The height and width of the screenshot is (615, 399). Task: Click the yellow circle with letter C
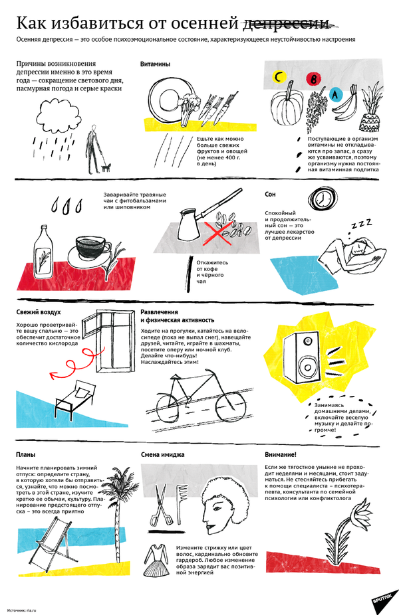[279, 77]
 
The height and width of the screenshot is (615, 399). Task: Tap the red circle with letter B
[313, 79]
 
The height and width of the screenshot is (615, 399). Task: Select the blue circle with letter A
[336, 94]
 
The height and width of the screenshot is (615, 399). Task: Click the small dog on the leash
[106, 167]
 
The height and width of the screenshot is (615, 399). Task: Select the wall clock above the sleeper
[321, 198]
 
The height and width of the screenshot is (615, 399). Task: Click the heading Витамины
[155, 64]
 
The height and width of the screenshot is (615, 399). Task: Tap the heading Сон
[270, 194]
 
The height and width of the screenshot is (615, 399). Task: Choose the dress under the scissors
[156, 560]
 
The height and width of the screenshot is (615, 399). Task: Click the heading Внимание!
[281, 454]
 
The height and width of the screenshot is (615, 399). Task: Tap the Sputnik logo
[381, 598]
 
